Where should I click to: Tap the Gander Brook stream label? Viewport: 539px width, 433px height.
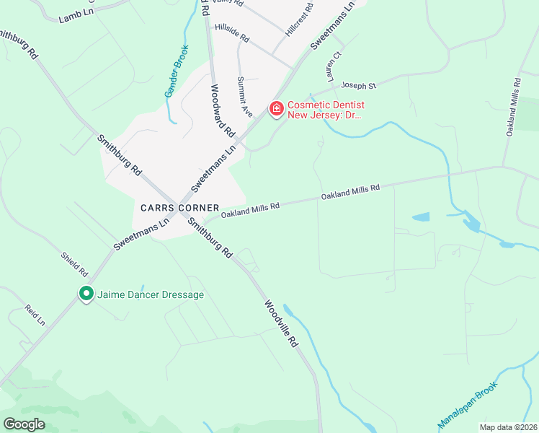[x=177, y=71]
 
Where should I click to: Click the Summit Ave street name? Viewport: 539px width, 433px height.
[x=245, y=97]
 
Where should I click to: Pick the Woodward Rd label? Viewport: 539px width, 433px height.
[x=223, y=111]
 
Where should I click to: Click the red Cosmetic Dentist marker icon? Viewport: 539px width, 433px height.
[x=276, y=109]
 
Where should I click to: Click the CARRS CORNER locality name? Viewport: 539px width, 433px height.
[x=175, y=207]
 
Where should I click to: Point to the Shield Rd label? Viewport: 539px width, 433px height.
[x=74, y=263]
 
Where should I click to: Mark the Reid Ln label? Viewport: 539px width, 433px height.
[x=35, y=315]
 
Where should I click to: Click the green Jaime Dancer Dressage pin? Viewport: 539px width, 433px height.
[x=86, y=294]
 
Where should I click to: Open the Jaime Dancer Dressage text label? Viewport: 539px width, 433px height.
[x=151, y=294]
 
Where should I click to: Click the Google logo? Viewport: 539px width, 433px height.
[x=24, y=424]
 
